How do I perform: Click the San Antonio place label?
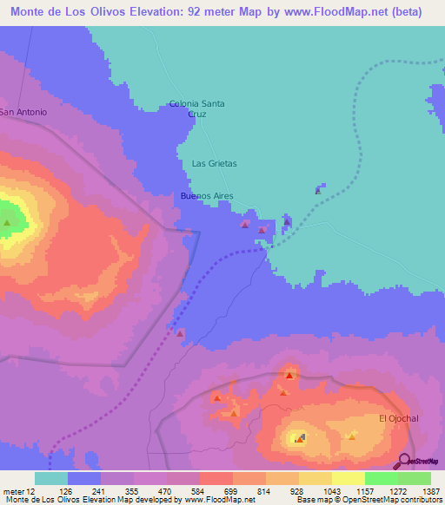coord(23,112)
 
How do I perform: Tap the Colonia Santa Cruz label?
coord(196,108)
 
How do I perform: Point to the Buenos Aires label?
coord(206,196)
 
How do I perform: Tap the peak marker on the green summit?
coord(8,223)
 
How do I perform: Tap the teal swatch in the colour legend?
coord(51,478)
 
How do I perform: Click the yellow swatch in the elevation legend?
coord(348,478)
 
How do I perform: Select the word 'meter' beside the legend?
coord(13,491)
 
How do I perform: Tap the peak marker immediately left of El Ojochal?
coord(351,436)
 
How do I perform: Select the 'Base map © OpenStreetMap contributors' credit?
coord(369,501)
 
